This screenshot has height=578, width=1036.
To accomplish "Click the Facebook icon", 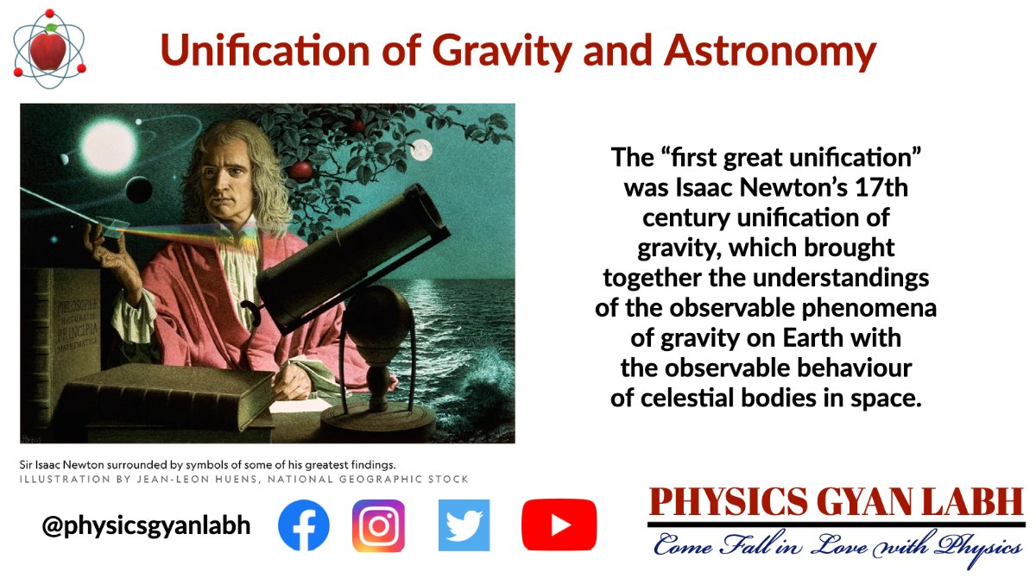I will click(304, 525).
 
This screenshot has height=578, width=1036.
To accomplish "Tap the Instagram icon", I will click(378, 525).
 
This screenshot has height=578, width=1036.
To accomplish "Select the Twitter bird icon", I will click(464, 525).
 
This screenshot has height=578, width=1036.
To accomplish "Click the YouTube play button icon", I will click(559, 525).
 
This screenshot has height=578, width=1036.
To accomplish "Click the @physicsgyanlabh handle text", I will click(146, 525).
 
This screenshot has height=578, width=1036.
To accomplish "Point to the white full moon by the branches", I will click(420, 150).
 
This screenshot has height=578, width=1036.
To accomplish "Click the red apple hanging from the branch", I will click(300, 169).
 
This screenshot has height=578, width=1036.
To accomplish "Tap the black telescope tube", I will click(354, 259).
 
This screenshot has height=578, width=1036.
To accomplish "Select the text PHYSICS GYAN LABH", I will click(836, 503).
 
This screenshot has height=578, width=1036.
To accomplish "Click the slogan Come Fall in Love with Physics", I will click(836, 545).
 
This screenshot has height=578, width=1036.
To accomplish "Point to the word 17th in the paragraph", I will click(880, 187).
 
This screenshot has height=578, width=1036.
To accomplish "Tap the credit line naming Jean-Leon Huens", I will click(244, 480).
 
